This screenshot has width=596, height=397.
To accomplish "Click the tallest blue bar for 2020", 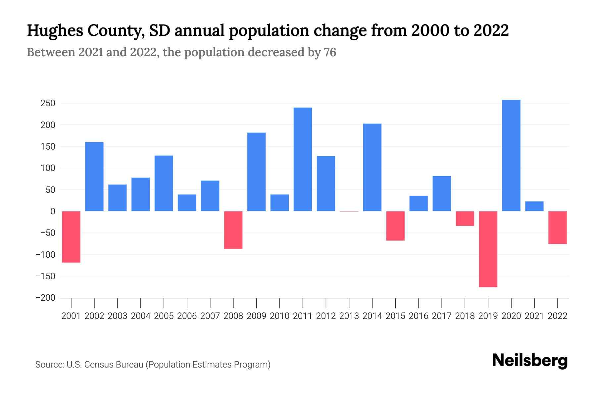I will click(x=511, y=155).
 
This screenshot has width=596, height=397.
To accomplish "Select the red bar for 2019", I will click(x=488, y=249).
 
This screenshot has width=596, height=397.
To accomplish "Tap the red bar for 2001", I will click(x=71, y=237).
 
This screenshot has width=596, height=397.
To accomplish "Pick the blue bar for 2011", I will click(x=303, y=159).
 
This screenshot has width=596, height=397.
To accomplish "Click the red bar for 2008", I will click(x=233, y=230).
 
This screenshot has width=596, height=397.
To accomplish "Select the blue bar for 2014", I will click(x=372, y=167).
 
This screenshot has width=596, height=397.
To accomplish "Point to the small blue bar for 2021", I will click(x=534, y=206).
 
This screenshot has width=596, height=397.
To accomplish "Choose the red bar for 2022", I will click(x=557, y=228).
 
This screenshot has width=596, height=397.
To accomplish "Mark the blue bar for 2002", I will click(x=94, y=177).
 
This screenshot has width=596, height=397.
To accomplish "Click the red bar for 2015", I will click(x=395, y=226).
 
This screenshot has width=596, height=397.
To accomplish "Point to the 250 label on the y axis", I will click(x=48, y=104).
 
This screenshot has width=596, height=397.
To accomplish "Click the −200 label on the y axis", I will click(x=45, y=298).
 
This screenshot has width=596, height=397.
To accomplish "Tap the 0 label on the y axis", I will click(x=53, y=211).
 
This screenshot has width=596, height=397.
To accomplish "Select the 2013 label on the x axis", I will click(x=349, y=316).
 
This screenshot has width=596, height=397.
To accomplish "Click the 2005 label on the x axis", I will click(x=164, y=316).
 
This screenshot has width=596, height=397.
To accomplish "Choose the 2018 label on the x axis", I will click(x=465, y=316).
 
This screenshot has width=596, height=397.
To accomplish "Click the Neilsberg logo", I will click(x=530, y=361).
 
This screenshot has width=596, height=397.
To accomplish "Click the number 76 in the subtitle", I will click(x=330, y=52).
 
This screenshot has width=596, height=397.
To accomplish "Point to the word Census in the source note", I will click(x=98, y=365).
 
